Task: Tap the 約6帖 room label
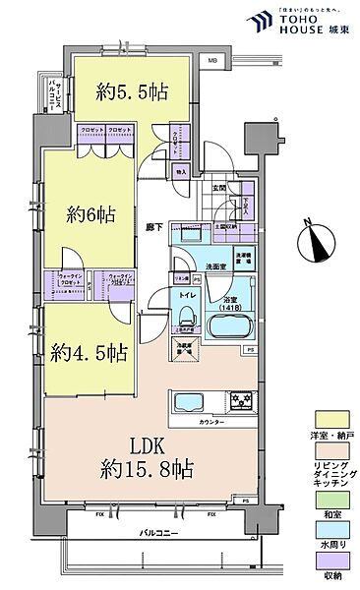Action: [x=86, y=214]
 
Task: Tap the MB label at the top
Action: [x=211, y=61]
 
